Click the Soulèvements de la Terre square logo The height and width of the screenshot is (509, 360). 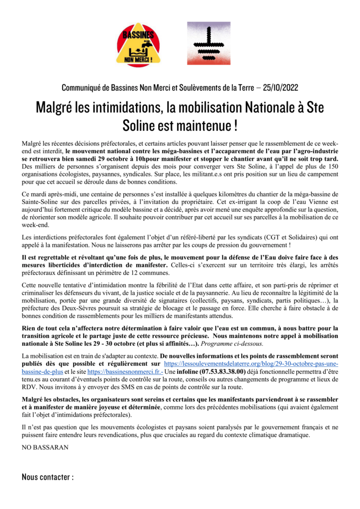[x=208, y=44]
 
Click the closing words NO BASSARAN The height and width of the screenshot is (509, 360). [x=44, y=447]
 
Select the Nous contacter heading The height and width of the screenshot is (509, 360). [x=47, y=477]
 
